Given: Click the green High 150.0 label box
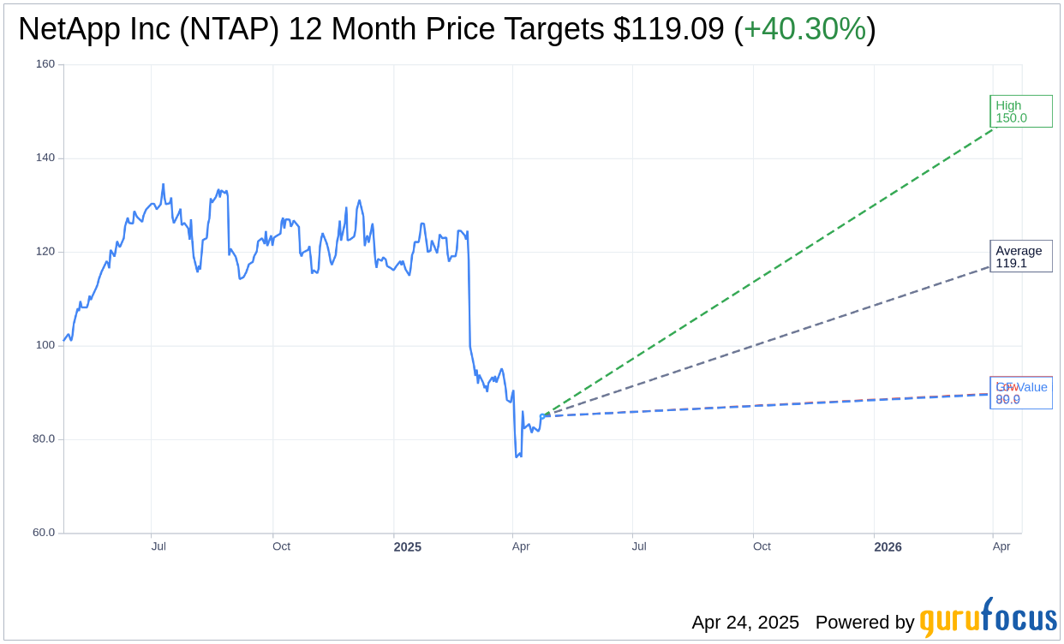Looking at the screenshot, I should tap(1020, 111).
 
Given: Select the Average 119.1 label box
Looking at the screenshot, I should tap(1020, 256).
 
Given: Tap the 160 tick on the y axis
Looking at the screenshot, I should tap(45, 64).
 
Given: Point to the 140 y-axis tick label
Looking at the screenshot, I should tap(45, 158).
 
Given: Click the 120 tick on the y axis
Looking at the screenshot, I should tap(45, 252).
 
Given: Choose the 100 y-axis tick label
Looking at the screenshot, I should tap(45, 345).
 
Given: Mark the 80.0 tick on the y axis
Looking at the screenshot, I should tap(44, 438).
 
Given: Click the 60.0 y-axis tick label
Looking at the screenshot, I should tap(44, 533).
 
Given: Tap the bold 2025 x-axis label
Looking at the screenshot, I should tap(408, 547).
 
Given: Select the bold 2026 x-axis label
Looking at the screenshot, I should tap(888, 547).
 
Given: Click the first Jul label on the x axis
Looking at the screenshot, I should tap(158, 546).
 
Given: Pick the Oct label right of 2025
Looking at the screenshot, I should tap(762, 546).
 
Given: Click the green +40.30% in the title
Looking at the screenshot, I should tap(804, 29).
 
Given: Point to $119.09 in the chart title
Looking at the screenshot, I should tap(668, 29).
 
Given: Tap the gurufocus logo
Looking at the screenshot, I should tap(988, 618).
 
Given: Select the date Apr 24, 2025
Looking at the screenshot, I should tap(745, 623).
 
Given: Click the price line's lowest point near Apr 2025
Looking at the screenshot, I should tap(517, 456).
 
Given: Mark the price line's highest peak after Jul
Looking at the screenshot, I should tap(163, 184).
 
